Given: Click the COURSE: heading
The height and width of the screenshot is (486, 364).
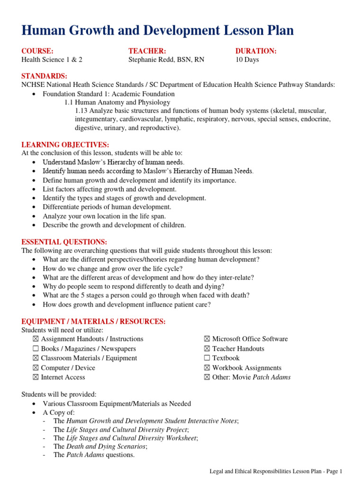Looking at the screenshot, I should (x=37, y=51).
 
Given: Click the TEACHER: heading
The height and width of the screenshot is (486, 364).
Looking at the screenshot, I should (x=147, y=51).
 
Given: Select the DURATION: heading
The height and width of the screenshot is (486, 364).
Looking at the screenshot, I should (x=256, y=51).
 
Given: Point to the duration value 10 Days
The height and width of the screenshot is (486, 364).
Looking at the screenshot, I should (x=247, y=60).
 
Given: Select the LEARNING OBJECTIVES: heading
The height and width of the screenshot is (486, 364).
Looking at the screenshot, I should (x=65, y=144).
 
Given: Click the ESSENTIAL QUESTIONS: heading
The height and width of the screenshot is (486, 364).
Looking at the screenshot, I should (x=64, y=242).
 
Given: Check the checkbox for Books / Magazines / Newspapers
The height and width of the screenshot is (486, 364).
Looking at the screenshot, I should (x=36, y=349).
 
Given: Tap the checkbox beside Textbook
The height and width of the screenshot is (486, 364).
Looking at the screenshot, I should (x=207, y=358).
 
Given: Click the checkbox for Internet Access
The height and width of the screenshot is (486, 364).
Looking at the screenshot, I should (x=36, y=377).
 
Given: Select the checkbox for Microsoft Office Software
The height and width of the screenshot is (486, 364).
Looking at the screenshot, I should (x=207, y=339).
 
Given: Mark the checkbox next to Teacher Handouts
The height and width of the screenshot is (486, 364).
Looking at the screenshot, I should (x=207, y=349).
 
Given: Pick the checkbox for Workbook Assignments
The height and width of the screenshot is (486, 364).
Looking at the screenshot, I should (x=207, y=368).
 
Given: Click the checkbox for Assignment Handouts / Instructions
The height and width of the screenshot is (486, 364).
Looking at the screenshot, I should (x=36, y=339).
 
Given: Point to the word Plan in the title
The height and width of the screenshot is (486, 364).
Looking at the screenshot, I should (x=278, y=31).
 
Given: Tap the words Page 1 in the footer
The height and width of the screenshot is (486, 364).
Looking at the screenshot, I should (x=332, y=471).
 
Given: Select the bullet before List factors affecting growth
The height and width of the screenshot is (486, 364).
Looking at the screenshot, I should (x=35, y=189).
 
